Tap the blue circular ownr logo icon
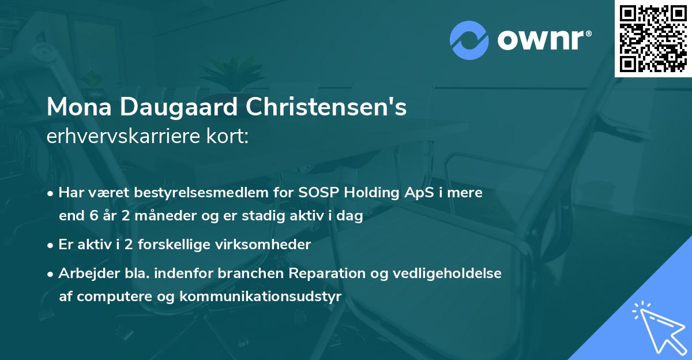pos(469,40)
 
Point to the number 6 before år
pos(94,217)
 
